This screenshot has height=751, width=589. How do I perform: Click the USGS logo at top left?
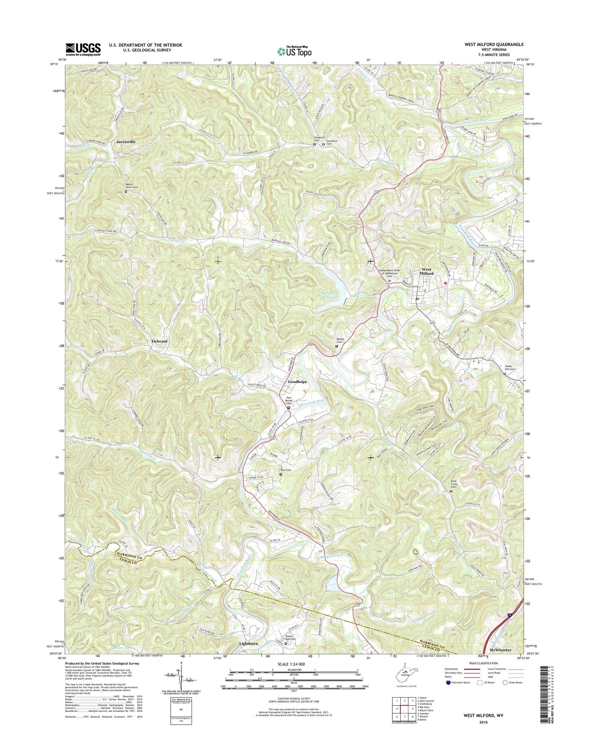point(83,49)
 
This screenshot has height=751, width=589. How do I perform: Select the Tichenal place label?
point(159,341)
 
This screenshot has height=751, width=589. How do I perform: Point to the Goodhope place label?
point(297,382)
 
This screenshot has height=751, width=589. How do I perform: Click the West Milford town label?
point(427,272)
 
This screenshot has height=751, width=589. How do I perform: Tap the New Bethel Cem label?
point(290,400)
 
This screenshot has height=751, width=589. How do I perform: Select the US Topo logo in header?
point(294,51)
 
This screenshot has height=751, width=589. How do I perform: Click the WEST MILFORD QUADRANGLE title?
point(494,44)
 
